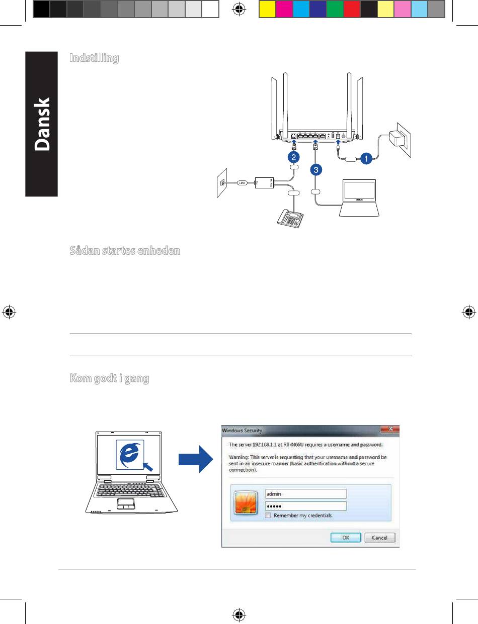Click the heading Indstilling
[95, 58]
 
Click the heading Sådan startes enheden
[124, 251]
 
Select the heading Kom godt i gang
[109, 379]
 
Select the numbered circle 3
[315, 170]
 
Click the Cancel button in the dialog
[379, 538]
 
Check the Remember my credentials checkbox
[269, 515]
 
